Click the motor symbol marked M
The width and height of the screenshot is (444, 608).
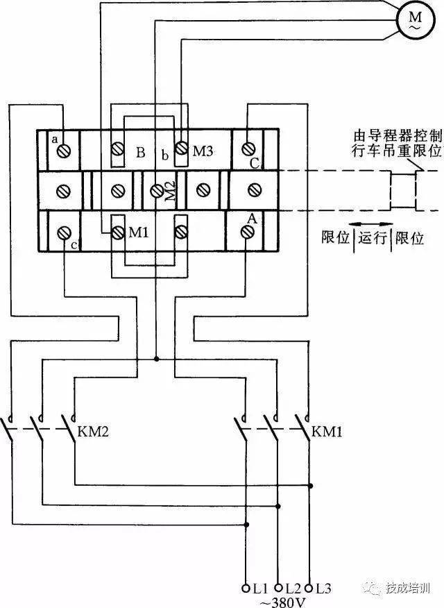[x=415, y=19]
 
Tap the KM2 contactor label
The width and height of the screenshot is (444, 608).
[x=93, y=431]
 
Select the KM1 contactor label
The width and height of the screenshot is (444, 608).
[x=327, y=431]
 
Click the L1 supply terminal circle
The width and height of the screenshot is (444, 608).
[x=246, y=589]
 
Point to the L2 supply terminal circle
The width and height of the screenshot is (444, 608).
[x=277, y=589]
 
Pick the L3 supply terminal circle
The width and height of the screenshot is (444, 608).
[x=309, y=589]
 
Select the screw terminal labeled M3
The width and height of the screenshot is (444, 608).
[x=181, y=148]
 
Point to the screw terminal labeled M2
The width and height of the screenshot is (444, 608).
[x=157, y=190]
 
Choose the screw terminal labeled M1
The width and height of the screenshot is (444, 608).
[x=117, y=233]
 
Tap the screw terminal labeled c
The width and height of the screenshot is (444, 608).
[x=64, y=233]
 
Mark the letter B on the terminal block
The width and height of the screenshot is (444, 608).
[x=141, y=153]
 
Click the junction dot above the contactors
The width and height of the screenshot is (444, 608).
[x=156, y=359]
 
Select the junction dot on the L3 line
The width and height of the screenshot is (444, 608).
[x=310, y=485]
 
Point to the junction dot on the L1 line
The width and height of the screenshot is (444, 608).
[x=246, y=525]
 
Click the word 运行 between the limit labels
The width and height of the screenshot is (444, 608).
[x=373, y=237]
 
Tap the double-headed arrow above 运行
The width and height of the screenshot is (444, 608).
[x=371, y=224]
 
